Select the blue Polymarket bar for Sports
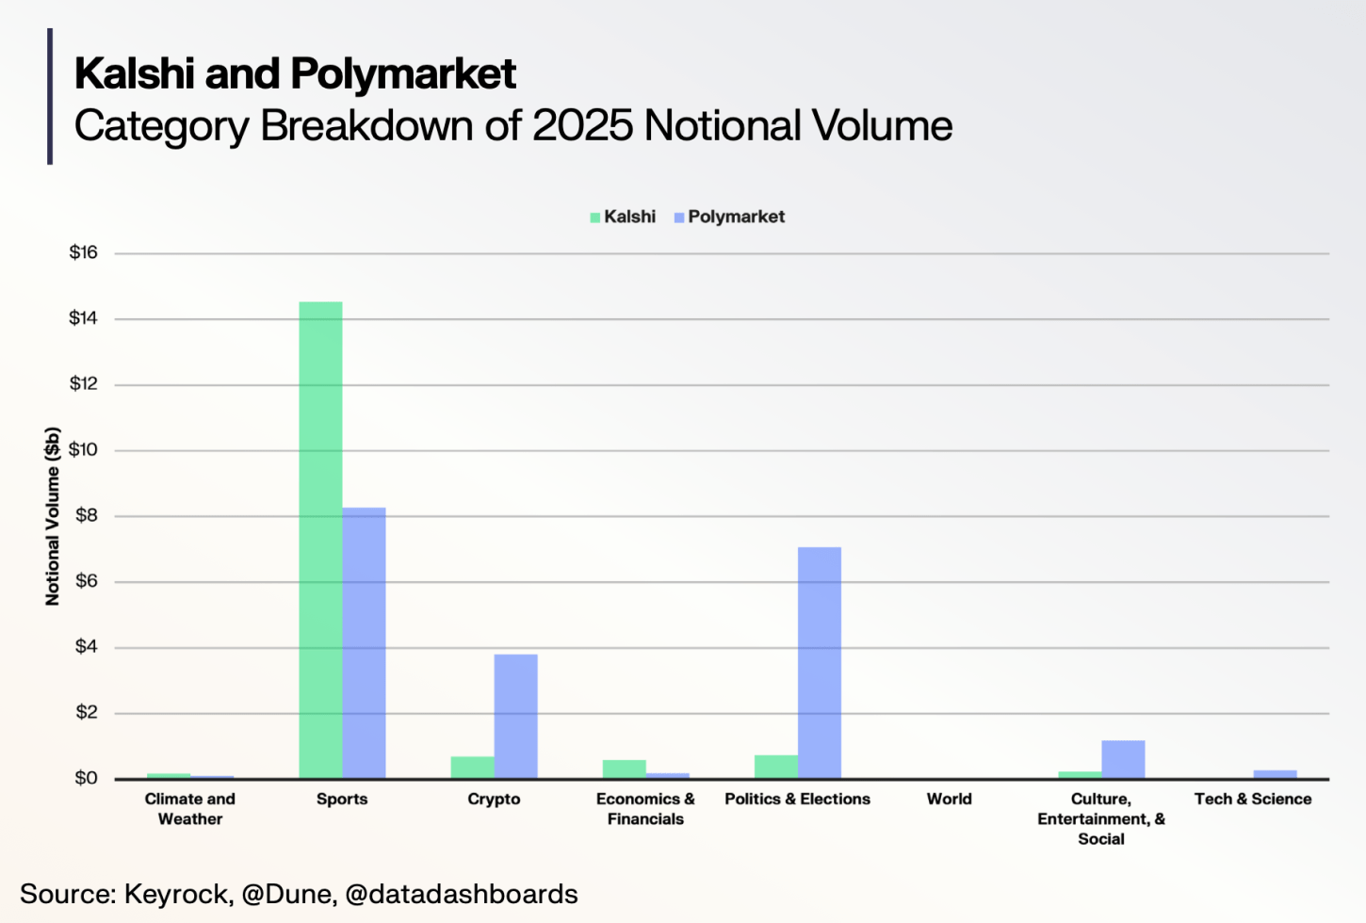point(364,643)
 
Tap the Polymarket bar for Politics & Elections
point(819,663)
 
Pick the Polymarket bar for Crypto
point(515,717)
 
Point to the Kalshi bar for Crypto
point(472,768)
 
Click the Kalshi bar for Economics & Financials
point(624,769)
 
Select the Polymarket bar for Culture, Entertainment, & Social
point(1123,760)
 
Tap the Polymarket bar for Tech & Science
point(1275,774)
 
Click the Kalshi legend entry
point(623,217)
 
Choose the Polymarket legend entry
point(729,217)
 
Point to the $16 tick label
point(83,252)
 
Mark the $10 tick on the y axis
point(83,449)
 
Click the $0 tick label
point(86,778)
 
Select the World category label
point(949,799)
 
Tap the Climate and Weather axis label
point(190,809)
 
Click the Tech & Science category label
point(1253,799)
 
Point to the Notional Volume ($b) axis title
point(53,516)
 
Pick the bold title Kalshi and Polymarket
point(295,73)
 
